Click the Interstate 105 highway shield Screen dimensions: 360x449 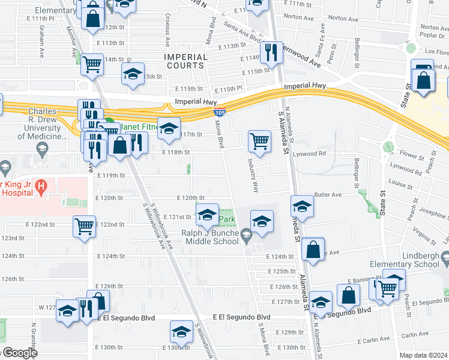coord(219,112)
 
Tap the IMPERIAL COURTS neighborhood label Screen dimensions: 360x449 coord(185,61)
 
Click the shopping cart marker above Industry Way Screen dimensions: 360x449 coord(259,141)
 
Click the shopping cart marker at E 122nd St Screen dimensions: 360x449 coord(84,227)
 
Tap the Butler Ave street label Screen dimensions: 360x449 coord(328,195)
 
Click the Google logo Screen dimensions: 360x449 coord(19,353)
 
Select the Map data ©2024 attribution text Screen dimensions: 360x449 coord(423,355)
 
